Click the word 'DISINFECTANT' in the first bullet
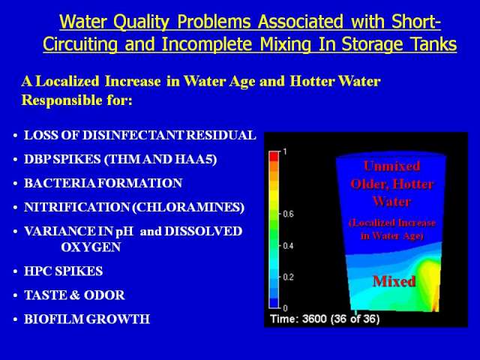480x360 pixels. (133, 135)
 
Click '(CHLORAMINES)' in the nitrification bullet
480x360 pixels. (188, 207)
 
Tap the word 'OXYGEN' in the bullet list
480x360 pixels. (91, 247)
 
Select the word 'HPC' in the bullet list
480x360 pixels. (37, 271)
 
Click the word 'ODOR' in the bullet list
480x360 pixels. (104, 295)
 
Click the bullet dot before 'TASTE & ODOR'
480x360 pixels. (15, 295)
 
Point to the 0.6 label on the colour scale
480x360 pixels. (288, 214)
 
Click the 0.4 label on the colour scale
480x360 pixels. (288, 245)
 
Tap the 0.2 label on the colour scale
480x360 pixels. (288, 277)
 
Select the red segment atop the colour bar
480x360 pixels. (274, 156)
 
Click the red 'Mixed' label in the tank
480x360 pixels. (394, 281)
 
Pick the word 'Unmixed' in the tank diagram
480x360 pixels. (392, 166)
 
